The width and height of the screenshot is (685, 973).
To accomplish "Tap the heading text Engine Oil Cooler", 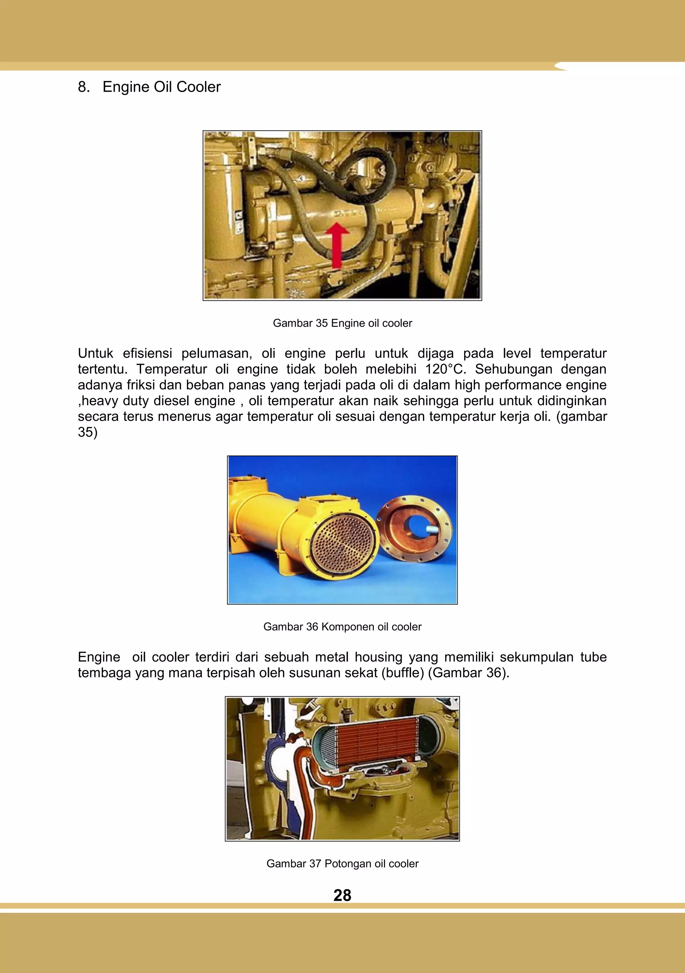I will point(162,87).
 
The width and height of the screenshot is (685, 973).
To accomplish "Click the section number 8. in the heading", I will point(84,87).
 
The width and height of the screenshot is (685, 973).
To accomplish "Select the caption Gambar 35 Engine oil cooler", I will point(342,323).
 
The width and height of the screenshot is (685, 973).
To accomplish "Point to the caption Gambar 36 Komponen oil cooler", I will point(342,627).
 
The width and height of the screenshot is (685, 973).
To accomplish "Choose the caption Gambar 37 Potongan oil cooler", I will point(342,864).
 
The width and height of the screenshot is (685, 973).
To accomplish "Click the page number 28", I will point(342,895).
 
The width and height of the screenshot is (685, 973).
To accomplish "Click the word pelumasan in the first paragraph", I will point(217,354).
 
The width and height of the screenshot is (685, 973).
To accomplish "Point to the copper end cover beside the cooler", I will point(414,527).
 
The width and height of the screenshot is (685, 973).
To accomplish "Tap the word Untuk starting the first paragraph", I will point(95,354).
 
